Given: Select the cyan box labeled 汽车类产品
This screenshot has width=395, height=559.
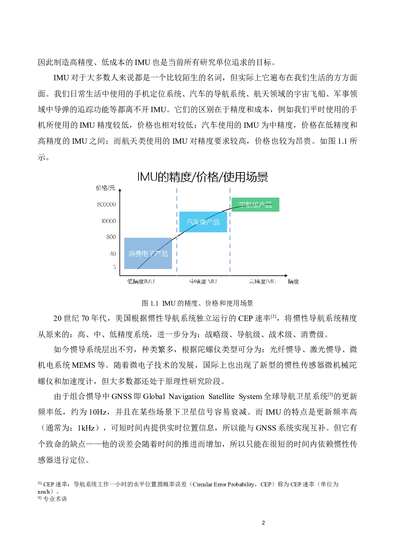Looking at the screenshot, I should tap(203, 228).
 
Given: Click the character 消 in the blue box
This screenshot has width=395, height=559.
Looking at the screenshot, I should tap(132, 254).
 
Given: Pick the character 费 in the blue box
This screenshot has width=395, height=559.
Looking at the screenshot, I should tap(138, 254).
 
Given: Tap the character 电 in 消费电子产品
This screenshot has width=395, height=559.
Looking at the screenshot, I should tap(145, 254).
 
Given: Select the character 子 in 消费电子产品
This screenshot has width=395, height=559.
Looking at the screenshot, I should tap(151, 254).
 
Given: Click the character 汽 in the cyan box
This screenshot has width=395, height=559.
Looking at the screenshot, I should tap(190, 222).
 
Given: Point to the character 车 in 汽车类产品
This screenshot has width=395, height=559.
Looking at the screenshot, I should tap(197, 222).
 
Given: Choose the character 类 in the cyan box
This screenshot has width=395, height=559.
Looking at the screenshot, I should tap(203, 222).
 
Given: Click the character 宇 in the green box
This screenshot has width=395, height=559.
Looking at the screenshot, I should tap(242, 205).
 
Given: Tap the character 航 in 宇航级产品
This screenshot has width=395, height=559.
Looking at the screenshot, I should tap(249, 205).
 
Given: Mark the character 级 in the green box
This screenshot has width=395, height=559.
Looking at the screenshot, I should tap(255, 205).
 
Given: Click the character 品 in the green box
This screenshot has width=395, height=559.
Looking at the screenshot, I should tap(269, 205).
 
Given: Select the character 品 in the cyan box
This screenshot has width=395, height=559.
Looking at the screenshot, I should tap(216, 222).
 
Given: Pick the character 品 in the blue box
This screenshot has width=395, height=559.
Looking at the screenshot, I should tap(164, 254).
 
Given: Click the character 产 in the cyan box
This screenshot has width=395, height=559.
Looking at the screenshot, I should tap(210, 222).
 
